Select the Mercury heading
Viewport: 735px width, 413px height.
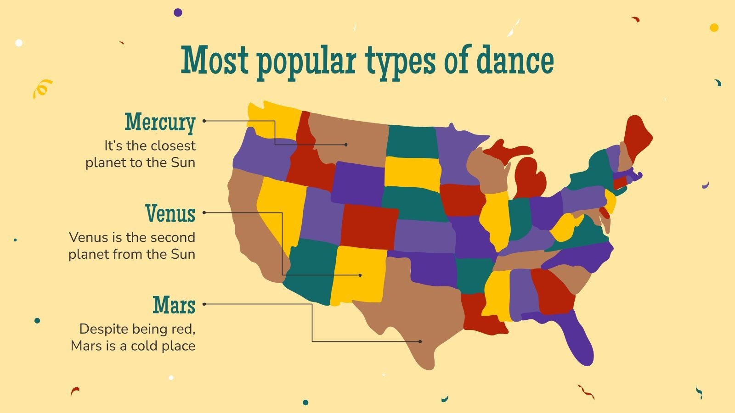pyautogui.click(x=160, y=122)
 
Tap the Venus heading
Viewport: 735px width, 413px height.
pyautogui.click(x=170, y=213)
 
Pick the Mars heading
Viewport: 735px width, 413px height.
pyautogui.click(x=174, y=305)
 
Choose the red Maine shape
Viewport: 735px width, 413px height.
pyautogui.click(x=636, y=135)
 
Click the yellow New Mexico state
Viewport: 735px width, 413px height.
pyautogui.click(x=358, y=275)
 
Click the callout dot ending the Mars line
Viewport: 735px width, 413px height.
pyautogui.click(x=420, y=341)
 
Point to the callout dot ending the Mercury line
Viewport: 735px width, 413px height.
pyautogui.click(x=346, y=145)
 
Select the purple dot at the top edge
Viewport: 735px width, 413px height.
pyautogui.click(x=178, y=12)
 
